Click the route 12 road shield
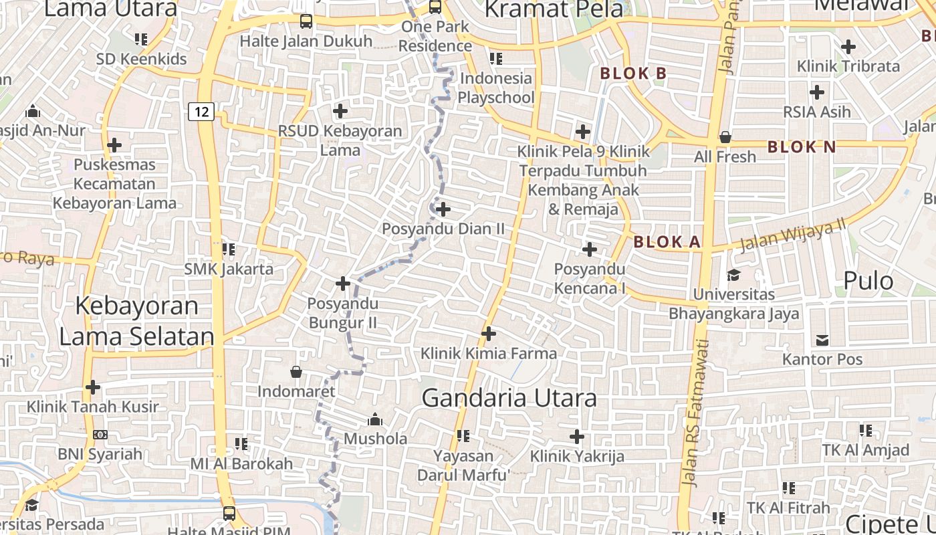pyautogui.click(x=201, y=111)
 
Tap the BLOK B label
pyautogui.click(x=633, y=74)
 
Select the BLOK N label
pyautogui.click(x=801, y=147)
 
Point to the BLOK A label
pyautogui.click(x=667, y=242)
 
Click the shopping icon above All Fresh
pyautogui.click(x=725, y=138)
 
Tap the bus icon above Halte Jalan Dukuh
pyautogui.click(x=306, y=21)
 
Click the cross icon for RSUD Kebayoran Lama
pyautogui.click(x=340, y=111)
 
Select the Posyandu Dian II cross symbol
pyautogui.click(x=443, y=209)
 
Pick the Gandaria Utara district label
pyautogui.click(x=509, y=398)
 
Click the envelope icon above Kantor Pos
pyautogui.click(x=822, y=340)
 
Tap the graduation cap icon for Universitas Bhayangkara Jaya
pyautogui.click(x=733, y=275)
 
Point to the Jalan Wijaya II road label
pyautogui.click(x=792, y=235)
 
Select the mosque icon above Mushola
pyautogui.click(x=375, y=419)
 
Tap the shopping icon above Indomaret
pyautogui.click(x=296, y=372)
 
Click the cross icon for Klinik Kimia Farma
pyautogui.click(x=489, y=333)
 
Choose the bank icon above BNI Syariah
pyautogui.click(x=100, y=435)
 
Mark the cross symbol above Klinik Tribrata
pyautogui.click(x=848, y=47)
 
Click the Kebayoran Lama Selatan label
pyautogui.click(x=137, y=321)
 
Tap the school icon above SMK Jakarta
pyautogui.click(x=229, y=249)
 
